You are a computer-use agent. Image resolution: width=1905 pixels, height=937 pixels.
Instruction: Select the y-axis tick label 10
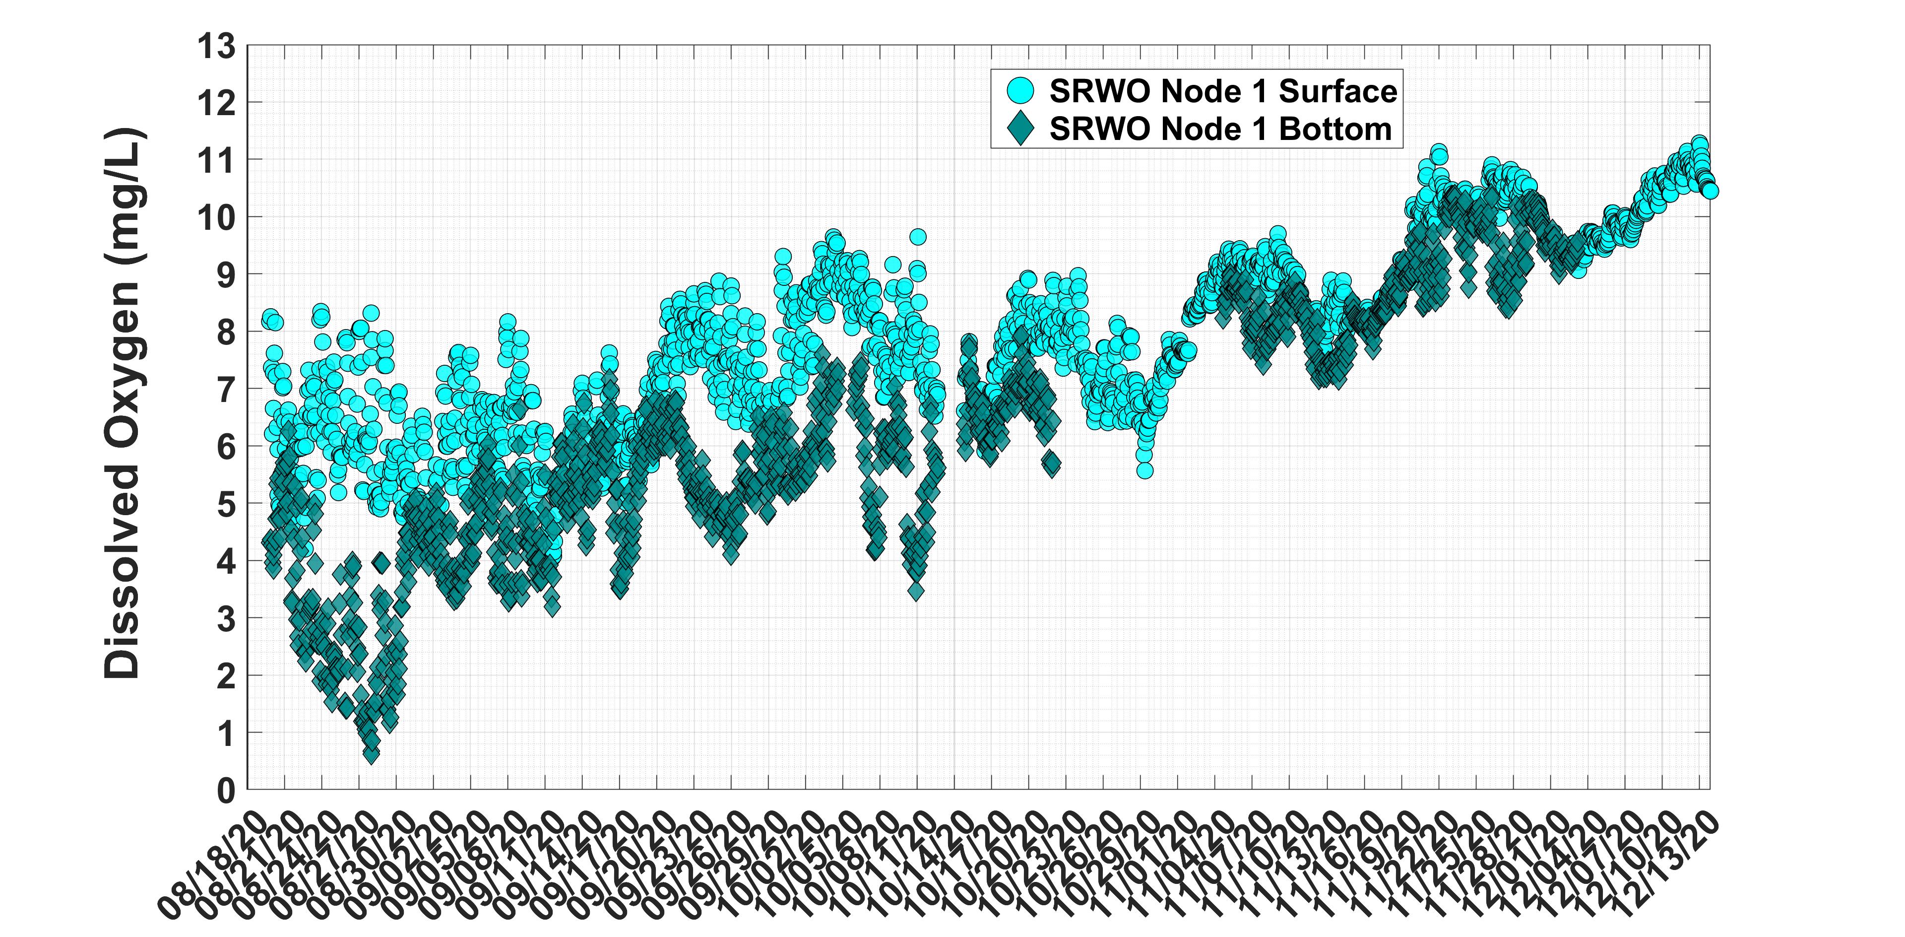[x=215, y=217]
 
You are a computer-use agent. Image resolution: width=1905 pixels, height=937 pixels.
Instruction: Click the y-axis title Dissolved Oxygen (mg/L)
[x=122, y=403]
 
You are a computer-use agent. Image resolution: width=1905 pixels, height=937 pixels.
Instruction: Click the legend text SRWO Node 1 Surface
[x=1223, y=91]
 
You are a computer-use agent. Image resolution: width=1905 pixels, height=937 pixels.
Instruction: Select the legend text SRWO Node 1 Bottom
[x=1220, y=129]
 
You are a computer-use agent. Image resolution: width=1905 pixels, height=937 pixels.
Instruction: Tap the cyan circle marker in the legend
[x=1020, y=91]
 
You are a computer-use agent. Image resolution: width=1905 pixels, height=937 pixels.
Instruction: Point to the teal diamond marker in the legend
[x=1020, y=129]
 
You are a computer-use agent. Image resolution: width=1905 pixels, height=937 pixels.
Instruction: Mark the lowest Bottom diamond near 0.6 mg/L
[x=371, y=753]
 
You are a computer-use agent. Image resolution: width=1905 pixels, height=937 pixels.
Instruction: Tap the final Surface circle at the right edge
[x=1710, y=191]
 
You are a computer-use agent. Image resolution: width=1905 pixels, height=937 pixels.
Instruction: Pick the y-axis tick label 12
[x=215, y=103]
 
